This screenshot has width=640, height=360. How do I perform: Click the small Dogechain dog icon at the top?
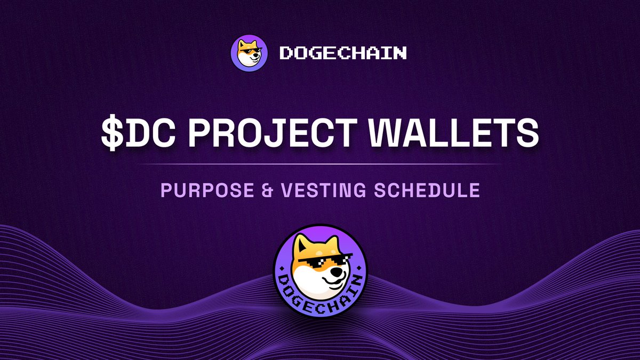coord(249,53)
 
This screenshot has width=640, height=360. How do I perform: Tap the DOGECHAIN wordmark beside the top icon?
coord(343,53)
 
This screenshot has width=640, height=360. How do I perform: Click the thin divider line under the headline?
coord(320,164)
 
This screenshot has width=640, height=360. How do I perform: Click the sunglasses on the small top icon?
coord(252,52)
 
